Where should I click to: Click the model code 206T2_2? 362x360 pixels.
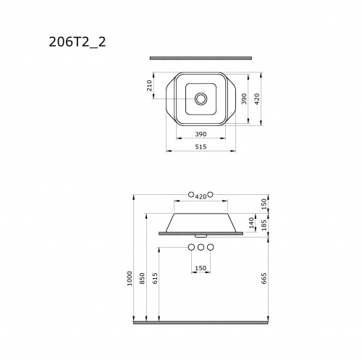coord(77,42)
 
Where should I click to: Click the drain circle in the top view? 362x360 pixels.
coord(201,99)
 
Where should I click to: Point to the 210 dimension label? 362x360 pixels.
coord(150,85)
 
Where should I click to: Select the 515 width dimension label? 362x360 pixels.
coord(201,147)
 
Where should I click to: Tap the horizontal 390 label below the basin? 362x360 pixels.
coord(201,134)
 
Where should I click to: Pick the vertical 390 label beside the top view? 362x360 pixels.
coord(244,99)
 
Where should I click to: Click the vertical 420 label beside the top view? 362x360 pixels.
coord(257,99)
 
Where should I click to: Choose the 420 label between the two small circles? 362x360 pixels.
coord(201,197)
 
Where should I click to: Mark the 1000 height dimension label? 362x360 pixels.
coord(130,278)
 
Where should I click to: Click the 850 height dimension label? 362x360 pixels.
coord(143,278)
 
